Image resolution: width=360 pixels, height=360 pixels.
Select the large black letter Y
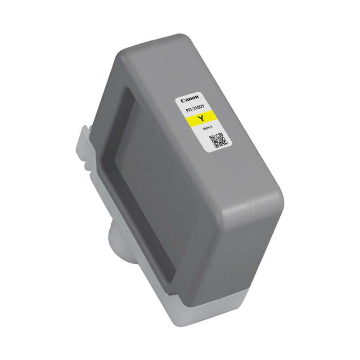[x=201, y=119]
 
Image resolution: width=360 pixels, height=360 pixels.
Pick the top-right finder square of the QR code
[x=221, y=135]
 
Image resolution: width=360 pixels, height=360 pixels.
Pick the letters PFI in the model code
[x=187, y=110]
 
